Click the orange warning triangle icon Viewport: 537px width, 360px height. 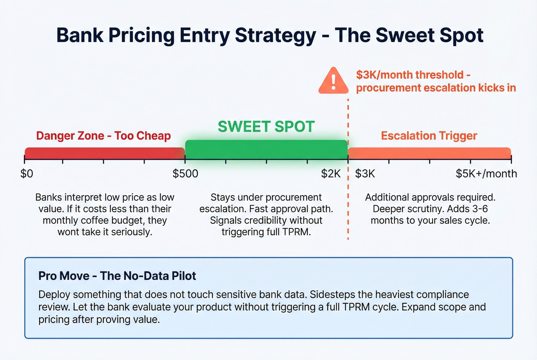333,82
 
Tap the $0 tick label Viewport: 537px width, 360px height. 26,174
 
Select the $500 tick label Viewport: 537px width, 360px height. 185,174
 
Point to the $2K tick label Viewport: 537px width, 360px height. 331,174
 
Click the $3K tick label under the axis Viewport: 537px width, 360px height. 365,174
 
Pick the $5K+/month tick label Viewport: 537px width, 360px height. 486,174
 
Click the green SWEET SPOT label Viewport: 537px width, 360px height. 266,127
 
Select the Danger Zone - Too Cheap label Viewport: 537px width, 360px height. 104,136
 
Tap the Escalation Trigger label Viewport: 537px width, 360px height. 429,136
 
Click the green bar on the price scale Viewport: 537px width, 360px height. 266,150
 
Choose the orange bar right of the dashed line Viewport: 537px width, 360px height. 429,153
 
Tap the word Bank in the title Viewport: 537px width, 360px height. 80,35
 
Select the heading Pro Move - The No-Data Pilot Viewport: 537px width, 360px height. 117,276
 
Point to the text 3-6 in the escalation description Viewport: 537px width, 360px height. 479,209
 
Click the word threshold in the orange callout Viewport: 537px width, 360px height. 440,75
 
